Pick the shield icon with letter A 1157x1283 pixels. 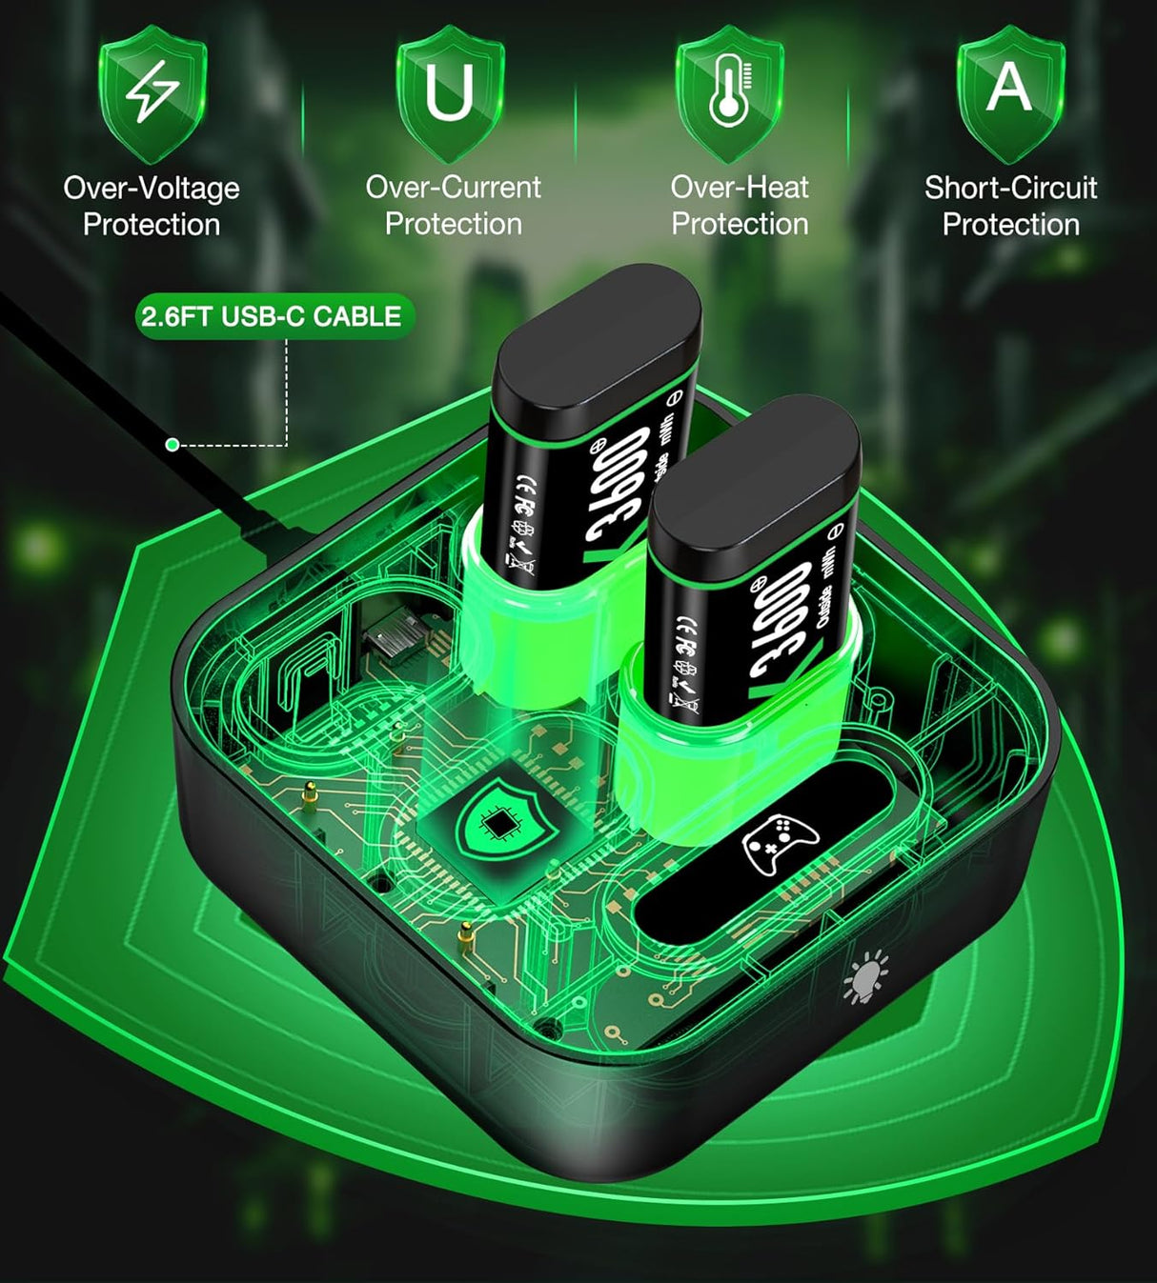1010,90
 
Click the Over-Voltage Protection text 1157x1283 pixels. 152,206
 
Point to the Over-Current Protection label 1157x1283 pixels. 453,205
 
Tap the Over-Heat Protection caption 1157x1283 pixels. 740,205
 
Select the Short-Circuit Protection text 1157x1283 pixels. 1010,206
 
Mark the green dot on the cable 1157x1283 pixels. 173,445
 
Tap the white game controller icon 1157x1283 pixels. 781,844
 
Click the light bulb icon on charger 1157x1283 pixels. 865,979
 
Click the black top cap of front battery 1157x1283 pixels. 755,472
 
